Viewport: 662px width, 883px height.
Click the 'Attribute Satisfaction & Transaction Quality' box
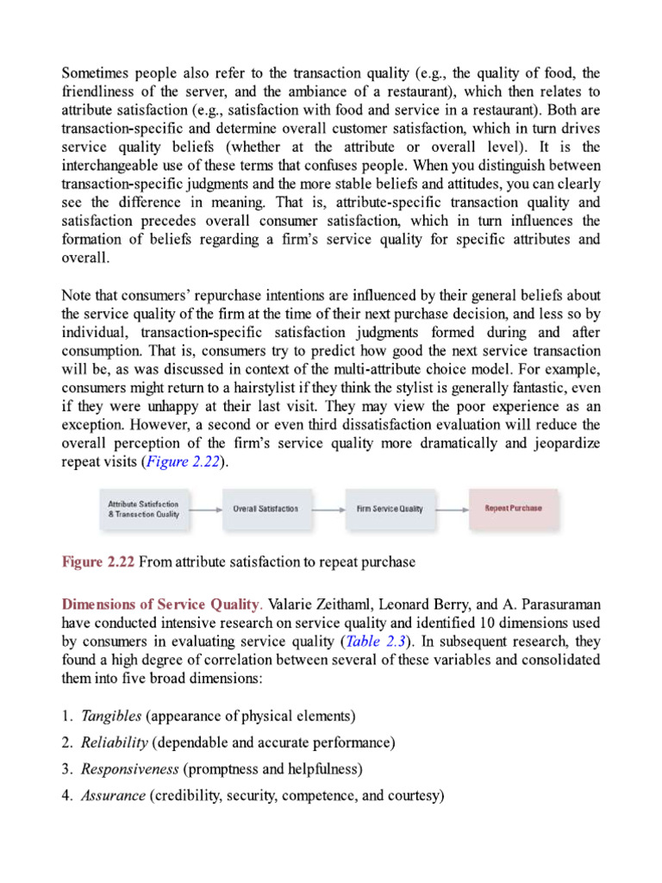coord(143,509)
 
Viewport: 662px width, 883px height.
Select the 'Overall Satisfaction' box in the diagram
coord(265,509)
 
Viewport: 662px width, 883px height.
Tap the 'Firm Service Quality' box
coord(390,509)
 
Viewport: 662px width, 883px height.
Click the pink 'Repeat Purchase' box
coord(514,509)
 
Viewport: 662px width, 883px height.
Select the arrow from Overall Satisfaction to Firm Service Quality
coord(328,509)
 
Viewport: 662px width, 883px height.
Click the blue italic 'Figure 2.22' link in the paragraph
coord(182,461)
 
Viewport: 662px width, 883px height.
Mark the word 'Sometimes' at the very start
coord(95,72)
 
